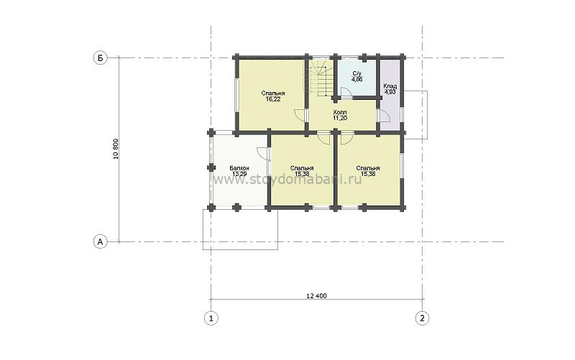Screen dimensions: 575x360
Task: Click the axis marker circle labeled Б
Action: click(100, 58)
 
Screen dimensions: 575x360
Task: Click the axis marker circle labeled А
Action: click(100, 241)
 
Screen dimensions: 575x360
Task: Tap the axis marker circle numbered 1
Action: click(211, 318)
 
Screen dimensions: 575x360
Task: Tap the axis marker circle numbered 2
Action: click(422, 318)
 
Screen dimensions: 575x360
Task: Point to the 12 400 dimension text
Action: click(316, 296)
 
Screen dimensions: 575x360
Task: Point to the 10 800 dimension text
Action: click(116, 149)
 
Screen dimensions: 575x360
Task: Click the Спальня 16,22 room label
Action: click(273, 96)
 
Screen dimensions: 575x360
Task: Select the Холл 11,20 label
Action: click(340, 115)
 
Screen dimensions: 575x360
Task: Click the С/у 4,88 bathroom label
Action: click(356, 76)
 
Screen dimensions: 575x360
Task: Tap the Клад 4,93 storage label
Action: click(390, 89)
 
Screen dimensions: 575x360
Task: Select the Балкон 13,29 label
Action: click(239, 171)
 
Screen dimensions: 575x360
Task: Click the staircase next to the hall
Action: click(321, 78)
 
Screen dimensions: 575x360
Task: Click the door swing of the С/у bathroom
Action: click(346, 92)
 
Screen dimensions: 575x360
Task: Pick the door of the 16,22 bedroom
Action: click(300, 115)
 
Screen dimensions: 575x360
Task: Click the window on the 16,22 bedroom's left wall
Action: click(237, 95)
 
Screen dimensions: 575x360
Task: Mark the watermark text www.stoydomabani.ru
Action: click(287, 180)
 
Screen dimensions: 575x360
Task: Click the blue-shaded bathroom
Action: click(356, 77)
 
